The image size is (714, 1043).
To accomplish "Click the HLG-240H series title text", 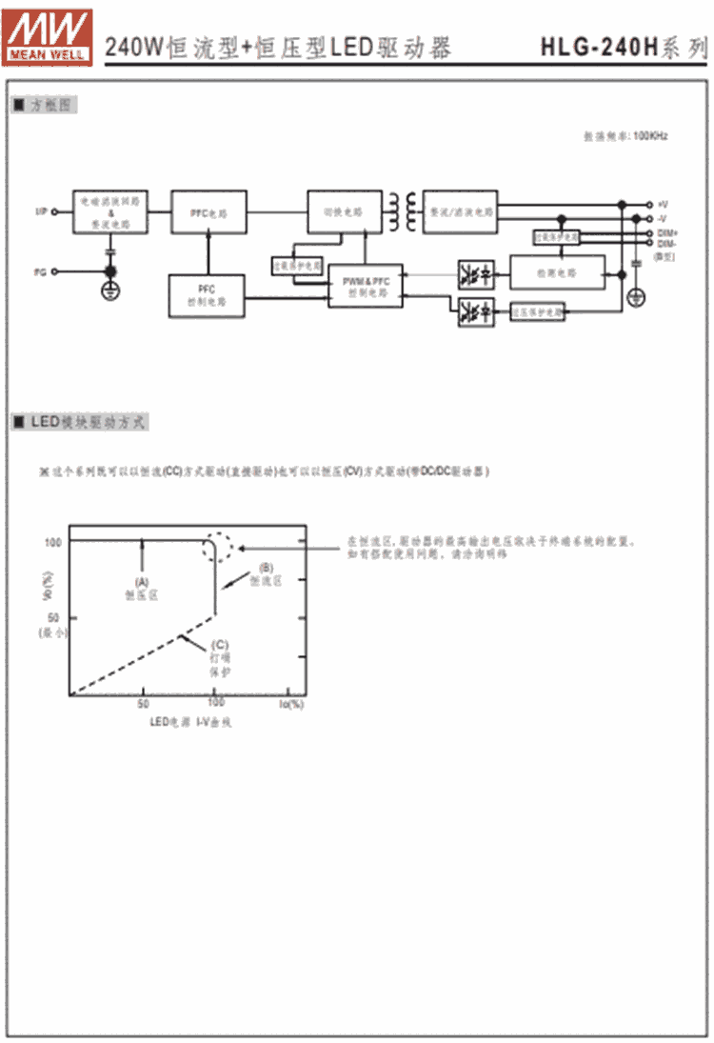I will (624, 46).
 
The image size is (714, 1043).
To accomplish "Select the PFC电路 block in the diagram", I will (208, 213).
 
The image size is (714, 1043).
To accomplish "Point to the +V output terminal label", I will (663, 204).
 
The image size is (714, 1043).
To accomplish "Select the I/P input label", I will (41, 211).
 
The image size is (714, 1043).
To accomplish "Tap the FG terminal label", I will (40, 272).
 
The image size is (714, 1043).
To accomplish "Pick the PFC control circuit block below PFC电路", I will (207, 294).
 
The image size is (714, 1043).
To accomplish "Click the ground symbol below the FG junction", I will (110, 290).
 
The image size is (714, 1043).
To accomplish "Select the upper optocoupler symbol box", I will (475, 272).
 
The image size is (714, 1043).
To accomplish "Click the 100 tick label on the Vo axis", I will (51, 541).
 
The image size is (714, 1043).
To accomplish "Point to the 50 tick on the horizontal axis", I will (143, 704).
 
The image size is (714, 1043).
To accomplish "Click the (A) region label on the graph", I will (143, 580).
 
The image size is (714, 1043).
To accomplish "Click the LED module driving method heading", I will (81, 422).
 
